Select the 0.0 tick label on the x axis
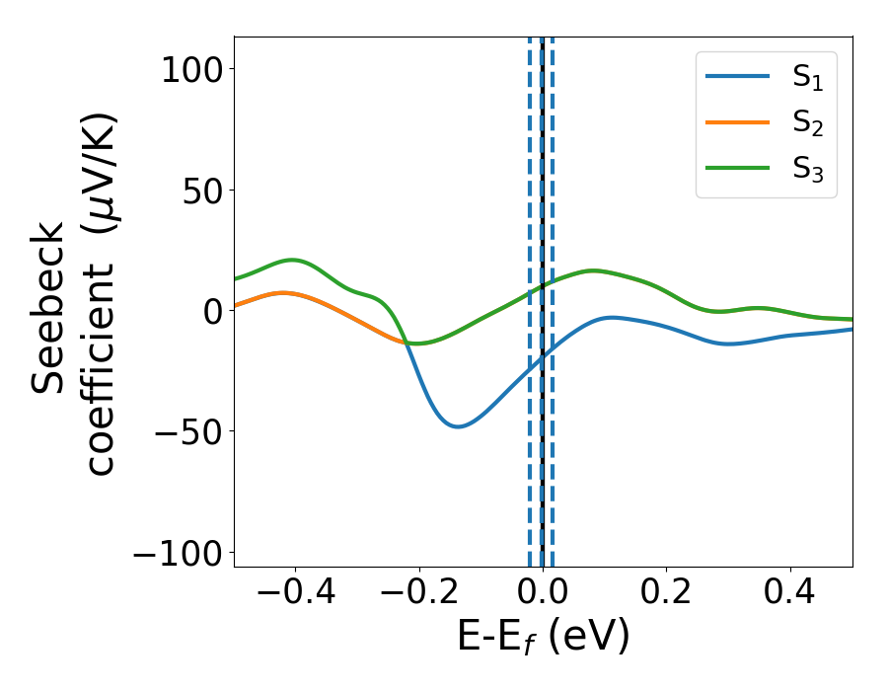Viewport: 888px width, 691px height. (543, 594)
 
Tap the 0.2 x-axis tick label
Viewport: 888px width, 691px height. (667, 594)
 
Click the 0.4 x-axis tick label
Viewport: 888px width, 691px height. (790, 594)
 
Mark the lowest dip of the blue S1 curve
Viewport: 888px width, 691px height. (457, 426)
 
